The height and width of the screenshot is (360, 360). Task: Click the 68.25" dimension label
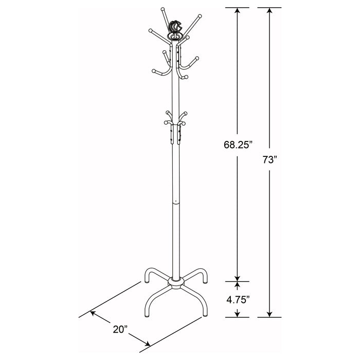[237, 145]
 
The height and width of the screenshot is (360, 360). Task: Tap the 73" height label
[269, 160]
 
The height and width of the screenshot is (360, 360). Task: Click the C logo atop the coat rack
[175, 26]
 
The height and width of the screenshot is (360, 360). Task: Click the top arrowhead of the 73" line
[269, 11]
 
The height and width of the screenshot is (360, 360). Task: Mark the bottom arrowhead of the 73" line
[269, 314]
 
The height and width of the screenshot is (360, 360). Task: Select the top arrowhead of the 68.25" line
[237, 11]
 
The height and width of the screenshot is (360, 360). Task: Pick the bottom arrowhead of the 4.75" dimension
[237, 314]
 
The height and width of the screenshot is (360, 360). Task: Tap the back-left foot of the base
[147, 282]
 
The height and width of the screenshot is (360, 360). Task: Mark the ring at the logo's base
[175, 38]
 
